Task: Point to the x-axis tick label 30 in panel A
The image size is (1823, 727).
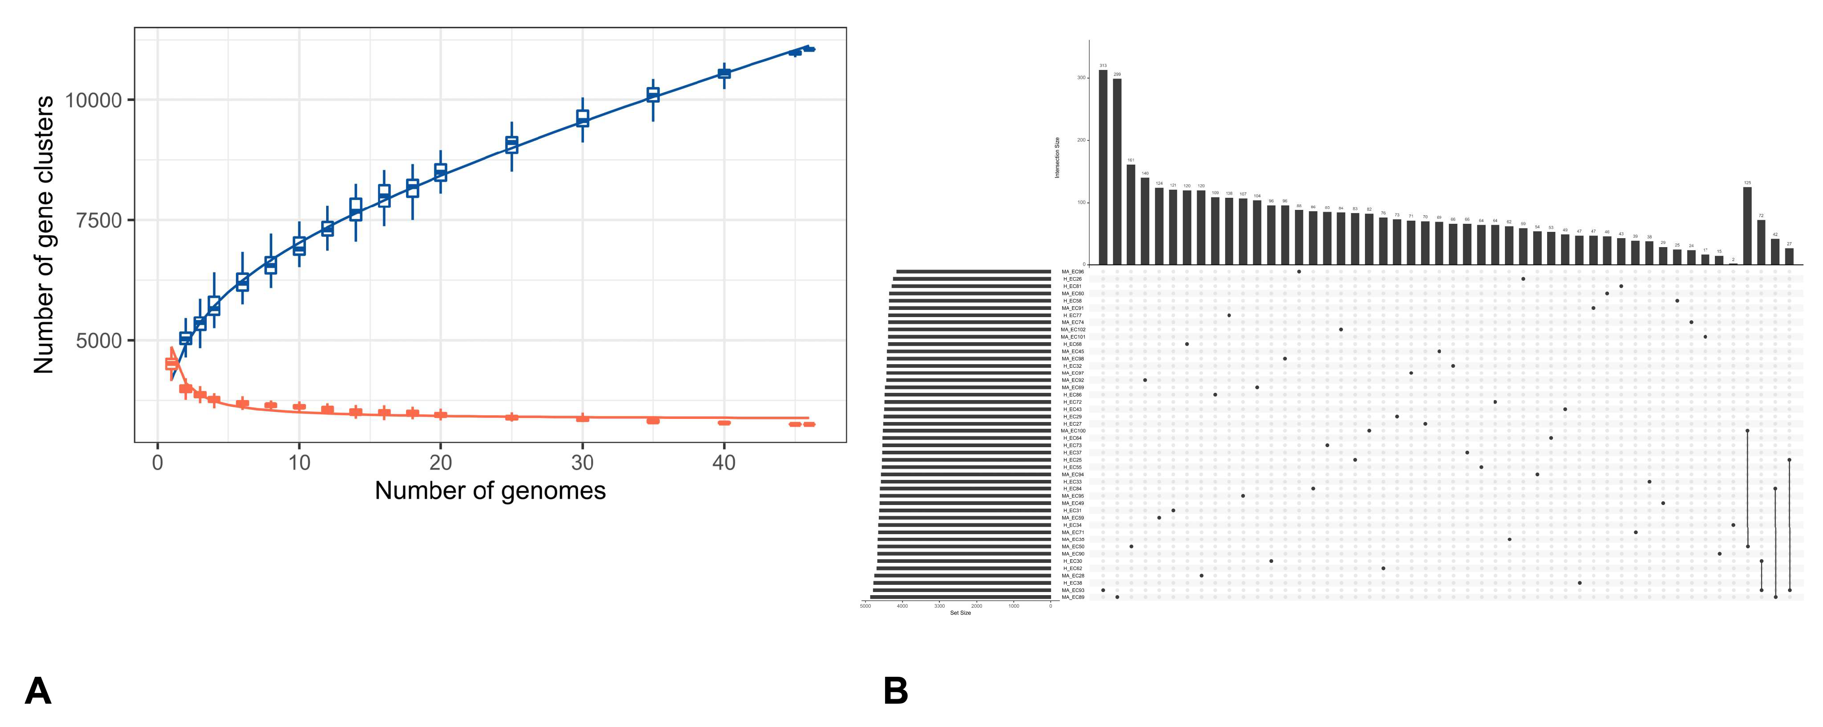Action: [x=582, y=463]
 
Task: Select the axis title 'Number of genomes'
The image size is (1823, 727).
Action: [x=490, y=491]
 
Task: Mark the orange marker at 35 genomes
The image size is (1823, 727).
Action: [x=653, y=421]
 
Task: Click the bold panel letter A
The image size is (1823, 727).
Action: [x=38, y=691]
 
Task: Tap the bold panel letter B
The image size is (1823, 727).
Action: [x=895, y=691]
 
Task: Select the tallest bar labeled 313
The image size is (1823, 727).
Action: [x=1103, y=167]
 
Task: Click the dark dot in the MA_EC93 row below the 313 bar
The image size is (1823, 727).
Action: [x=1103, y=590]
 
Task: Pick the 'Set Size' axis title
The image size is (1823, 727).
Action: [x=960, y=613]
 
